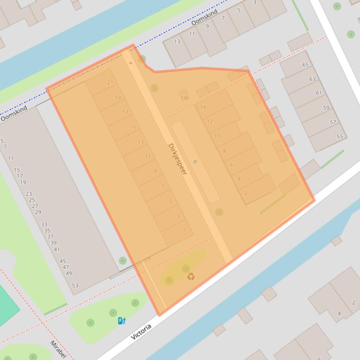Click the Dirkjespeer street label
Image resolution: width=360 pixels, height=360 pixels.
point(177,159)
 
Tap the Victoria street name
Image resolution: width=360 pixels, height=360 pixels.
point(141,331)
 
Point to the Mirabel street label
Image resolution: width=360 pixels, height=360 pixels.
point(58,349)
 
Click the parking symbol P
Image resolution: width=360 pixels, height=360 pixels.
point(195,162)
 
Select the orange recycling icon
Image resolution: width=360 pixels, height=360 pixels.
point(191,276)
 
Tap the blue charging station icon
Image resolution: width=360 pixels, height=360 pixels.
point(122,321)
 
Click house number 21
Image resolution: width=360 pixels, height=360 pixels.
point(110,82)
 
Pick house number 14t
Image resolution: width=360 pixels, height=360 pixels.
point(184,98)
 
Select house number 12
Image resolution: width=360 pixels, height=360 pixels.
point(210,121)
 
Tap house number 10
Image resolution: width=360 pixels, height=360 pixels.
point(217,136)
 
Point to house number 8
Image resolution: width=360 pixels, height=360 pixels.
point(224,151)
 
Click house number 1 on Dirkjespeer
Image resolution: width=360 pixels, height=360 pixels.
point(185,230)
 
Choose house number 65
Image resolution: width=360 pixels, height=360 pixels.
point(306,65)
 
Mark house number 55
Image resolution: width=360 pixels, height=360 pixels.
point(340,137)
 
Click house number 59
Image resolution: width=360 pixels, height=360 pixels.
point(326,108)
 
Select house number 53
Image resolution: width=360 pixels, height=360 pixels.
point(75,286)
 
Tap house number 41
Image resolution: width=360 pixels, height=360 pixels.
point(57,249)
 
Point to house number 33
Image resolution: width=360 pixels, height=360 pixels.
point(44,224)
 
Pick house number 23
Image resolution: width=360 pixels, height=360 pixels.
point(29,194)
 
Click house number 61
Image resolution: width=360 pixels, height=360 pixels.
point(319,93)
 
